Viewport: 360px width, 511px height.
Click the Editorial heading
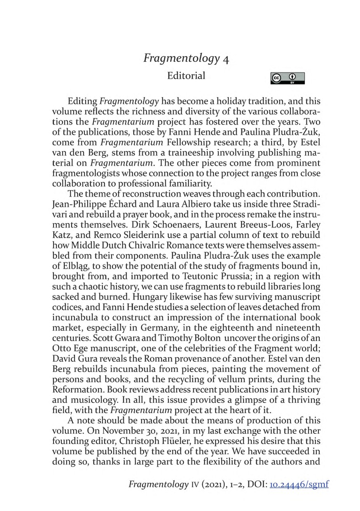(x=186, y=76)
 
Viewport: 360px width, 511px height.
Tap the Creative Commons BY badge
(x=288, y=78)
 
